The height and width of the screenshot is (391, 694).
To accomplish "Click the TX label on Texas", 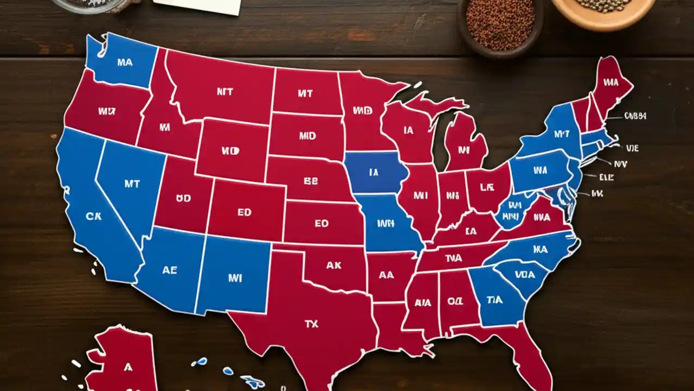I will coord(311,324).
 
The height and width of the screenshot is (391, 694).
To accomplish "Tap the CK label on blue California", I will coord(93,216).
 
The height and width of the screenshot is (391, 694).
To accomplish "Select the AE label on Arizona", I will coord(169,270).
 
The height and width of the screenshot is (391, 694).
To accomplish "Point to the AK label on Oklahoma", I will coord(333,266).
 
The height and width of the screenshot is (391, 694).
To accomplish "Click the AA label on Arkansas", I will coord(386,275).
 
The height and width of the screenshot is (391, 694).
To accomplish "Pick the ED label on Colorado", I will coord(245,212).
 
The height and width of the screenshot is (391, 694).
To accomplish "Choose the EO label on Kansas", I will coord(322,223).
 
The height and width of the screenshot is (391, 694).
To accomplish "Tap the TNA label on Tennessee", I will coord(453,258).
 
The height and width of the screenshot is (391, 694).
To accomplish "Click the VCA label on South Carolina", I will coord(524,275).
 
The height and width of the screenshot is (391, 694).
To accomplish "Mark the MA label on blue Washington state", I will coord(124,62).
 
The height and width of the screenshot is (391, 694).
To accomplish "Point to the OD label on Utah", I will coord(183,199).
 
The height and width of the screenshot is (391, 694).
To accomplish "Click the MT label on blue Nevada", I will coord(132,184).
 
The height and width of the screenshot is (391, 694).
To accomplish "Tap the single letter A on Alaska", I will coord(128,368).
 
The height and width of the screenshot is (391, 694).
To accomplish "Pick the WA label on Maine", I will coord(611,83).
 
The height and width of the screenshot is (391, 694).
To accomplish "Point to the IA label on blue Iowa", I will coord(374,173).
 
